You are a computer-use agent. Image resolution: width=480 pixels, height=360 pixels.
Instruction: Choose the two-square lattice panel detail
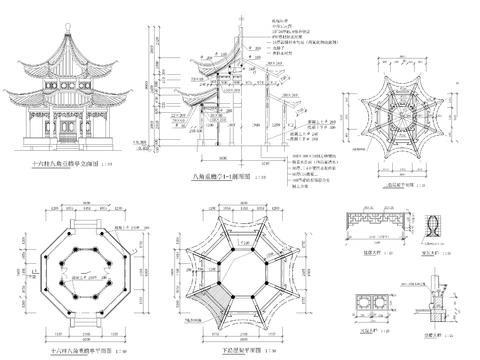tap(365, 302)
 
